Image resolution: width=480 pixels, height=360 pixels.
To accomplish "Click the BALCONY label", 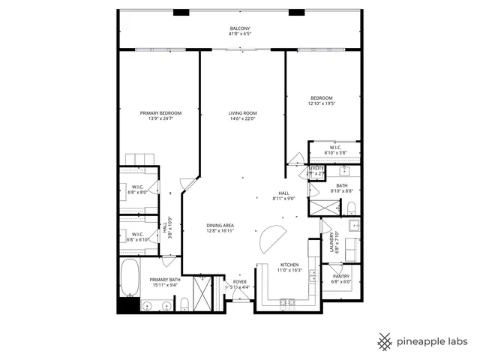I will tap(240, 28).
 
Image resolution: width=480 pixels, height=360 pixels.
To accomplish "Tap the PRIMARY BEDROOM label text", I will tap(160, 113).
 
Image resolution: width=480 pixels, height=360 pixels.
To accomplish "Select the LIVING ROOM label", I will tap(242, 113).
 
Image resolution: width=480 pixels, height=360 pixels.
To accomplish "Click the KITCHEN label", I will tap(289, 265).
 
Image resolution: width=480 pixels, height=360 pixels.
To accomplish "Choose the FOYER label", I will tap(239, 282).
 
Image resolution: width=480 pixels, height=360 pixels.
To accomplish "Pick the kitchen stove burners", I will tap(287, 303).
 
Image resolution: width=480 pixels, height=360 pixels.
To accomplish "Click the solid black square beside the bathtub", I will tap(124, 305).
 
